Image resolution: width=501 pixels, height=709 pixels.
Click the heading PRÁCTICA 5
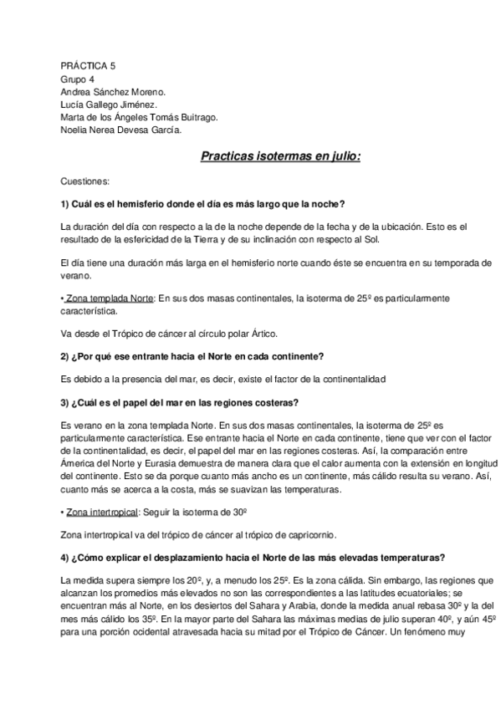point(89,65)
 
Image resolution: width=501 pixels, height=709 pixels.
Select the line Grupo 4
point(78,79)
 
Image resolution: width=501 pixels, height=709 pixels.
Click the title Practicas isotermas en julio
point(280,156)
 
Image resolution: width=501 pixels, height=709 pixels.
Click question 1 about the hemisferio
point(203,205)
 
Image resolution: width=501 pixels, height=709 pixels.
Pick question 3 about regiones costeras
point(180,402)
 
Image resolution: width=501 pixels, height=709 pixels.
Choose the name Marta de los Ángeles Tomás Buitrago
point(139,118)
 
